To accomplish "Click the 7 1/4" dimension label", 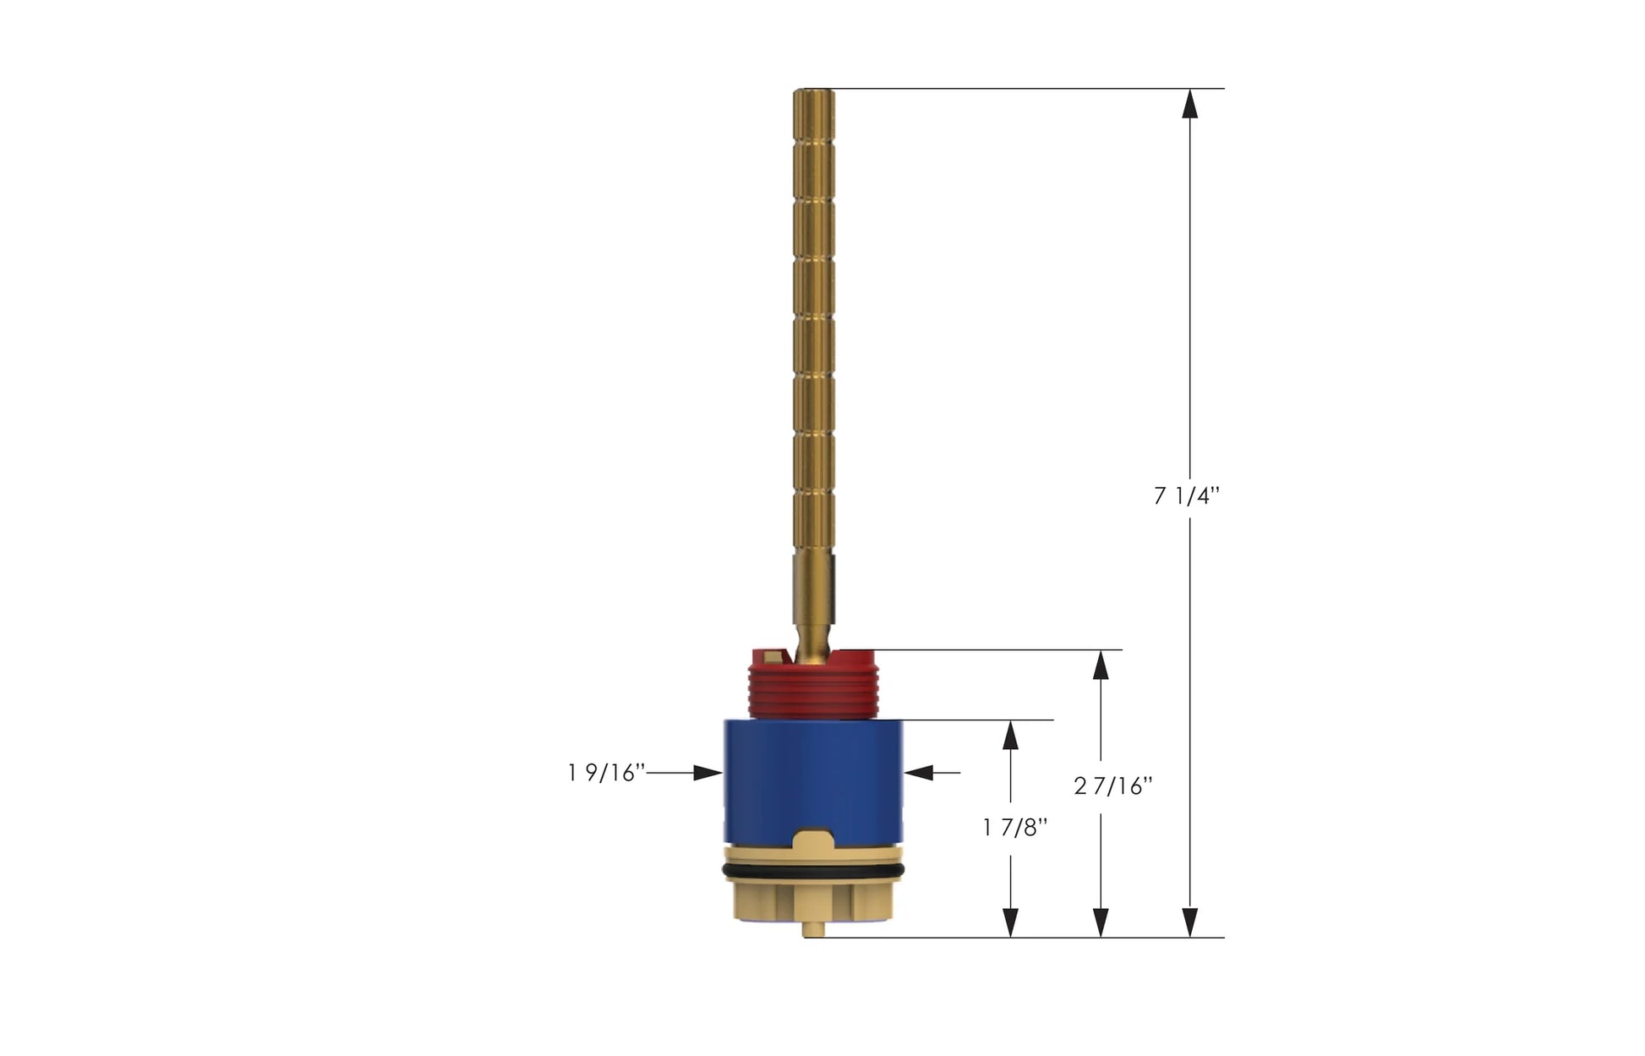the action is coord(1187,496).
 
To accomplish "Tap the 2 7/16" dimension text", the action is coord(1113,786).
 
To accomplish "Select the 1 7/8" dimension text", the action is coord(1015,827).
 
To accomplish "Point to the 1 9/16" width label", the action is coord(606,772).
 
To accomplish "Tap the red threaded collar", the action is coord(813,685).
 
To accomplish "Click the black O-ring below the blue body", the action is coord(813,871).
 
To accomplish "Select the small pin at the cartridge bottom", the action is coord(813,929).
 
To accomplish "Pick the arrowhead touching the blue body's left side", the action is coord(708,772).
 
